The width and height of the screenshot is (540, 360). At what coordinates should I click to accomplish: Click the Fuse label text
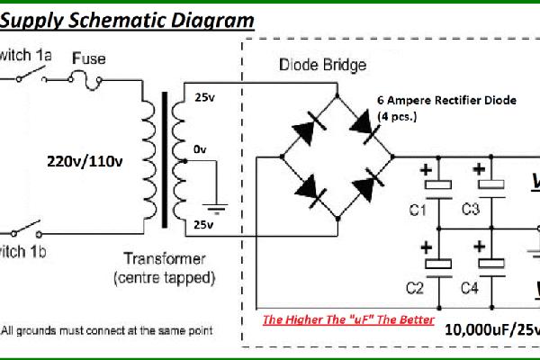click(89, 58)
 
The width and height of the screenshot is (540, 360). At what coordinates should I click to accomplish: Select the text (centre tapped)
click(166, 278)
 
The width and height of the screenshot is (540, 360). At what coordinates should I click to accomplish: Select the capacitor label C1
click(417, 211)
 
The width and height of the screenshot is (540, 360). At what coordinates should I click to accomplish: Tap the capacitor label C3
click(470, 211)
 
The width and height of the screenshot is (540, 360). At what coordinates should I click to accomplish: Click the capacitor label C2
click(415, 289)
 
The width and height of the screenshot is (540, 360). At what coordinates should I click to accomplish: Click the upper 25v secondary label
click(204, 97)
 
